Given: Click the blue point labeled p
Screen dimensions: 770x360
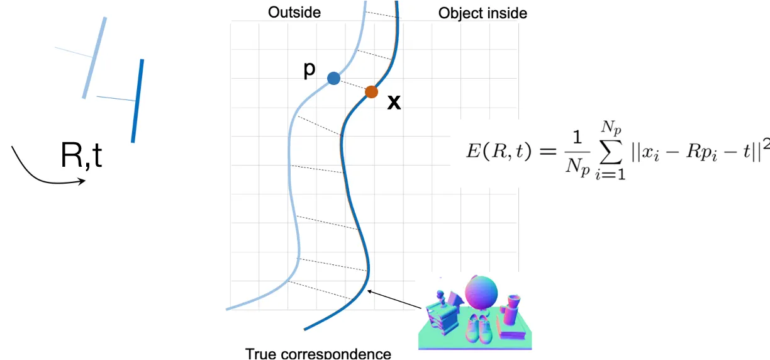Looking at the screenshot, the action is tap(333, 78).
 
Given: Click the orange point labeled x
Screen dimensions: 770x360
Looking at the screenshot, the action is tap(371, 92).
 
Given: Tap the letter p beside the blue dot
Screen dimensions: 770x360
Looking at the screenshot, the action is tap(309, 70).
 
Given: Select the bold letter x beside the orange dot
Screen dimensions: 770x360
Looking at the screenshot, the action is tap(394, 103).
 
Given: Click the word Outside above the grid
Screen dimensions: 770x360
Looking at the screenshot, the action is tap(294, 13).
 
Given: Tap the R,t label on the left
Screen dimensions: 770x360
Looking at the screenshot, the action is tap(81, 155).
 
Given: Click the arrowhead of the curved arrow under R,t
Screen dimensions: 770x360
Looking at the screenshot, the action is tap(82, 182).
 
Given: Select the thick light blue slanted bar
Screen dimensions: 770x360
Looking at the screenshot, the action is tap(94, 58).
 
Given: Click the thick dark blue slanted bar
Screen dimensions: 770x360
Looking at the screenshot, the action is tap(138, 101).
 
